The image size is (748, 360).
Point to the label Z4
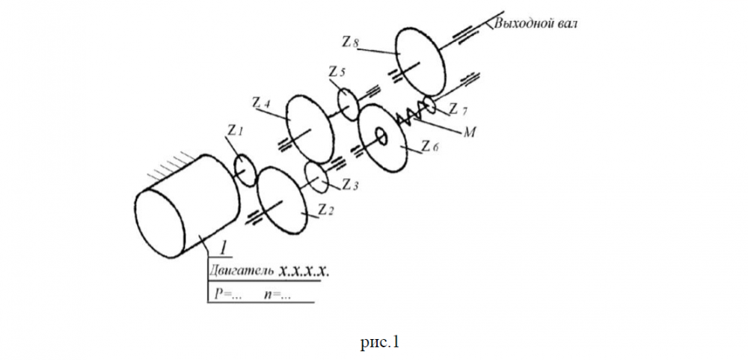coord(262,103)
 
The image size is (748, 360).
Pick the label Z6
coord(429,147)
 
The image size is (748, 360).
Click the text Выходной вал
coord(535,23)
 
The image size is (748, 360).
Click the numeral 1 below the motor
coord(221,247)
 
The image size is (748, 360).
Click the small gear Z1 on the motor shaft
coord(245,169)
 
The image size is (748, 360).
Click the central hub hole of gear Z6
coord(381,136)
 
